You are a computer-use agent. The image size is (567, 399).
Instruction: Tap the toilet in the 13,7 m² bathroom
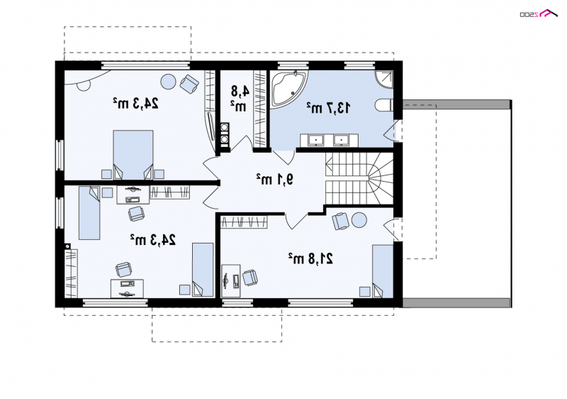[383, 105]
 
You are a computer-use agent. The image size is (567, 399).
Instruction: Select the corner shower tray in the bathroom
[384, 79]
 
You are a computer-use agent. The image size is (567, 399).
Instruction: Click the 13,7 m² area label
[328, 107]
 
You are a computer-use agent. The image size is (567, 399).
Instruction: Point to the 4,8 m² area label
[239, 99]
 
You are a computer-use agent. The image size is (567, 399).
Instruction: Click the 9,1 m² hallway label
[274, 179]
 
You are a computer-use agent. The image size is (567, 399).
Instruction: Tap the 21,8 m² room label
[310, 258]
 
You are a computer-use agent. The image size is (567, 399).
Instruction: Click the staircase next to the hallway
[359, 178]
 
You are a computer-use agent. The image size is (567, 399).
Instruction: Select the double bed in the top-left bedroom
[133, 155]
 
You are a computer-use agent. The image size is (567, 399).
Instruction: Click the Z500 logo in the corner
[539, 13]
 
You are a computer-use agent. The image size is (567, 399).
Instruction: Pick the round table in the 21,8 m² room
[359, 220]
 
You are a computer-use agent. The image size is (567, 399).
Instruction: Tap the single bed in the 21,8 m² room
[383, 271]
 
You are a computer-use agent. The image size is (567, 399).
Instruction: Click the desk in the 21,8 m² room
[231, 277]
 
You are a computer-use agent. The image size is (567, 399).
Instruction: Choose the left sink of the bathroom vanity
[317, 140]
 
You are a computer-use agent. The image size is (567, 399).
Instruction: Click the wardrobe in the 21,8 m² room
[244, 222]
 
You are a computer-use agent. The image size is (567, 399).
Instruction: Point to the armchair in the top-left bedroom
[189, 84]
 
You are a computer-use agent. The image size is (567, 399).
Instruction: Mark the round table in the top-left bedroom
[168, 82]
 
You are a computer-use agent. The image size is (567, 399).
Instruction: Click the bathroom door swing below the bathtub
[283, 156]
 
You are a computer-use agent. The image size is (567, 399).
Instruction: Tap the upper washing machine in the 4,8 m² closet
[225, 128]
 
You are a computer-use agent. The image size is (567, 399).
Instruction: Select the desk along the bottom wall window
[127, 288]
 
